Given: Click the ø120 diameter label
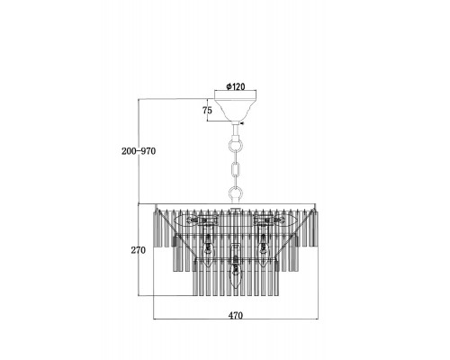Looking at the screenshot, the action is click(x=236, y=86).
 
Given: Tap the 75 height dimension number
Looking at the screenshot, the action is click(x=207, y=111).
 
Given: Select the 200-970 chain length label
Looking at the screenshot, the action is click(x=139, y=151).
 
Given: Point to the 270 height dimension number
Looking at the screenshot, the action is click(x=138, y=250).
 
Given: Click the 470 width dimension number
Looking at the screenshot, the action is click(x=236, y=315).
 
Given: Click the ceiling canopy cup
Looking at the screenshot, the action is click(x=236, y=109).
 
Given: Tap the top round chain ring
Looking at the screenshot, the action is click(x=236, y=147).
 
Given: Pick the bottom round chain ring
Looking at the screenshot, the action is click(x=236, y=193).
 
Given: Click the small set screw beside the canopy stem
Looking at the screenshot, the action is click(x=241, y=123).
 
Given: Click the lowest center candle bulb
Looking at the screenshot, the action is click(x=236, y=275).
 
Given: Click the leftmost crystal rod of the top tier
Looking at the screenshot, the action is click(x=156, y=229).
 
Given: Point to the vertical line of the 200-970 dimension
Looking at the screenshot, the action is click(x=139, y=151).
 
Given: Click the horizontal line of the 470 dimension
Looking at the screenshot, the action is click(x=236, y=319).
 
